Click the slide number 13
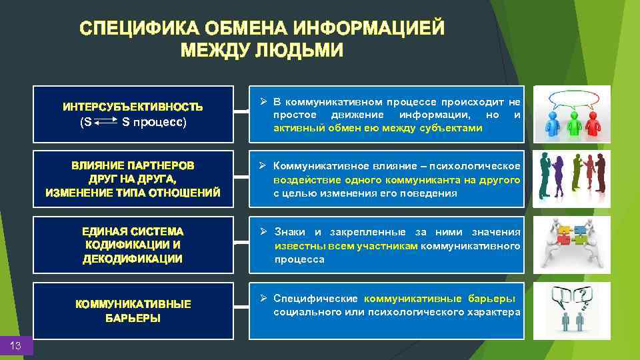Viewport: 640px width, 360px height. (x=17, y=345)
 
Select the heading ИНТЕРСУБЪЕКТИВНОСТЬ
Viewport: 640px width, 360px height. (x=133, y=107)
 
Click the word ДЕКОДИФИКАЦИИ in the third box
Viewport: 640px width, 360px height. (x=133, y=259)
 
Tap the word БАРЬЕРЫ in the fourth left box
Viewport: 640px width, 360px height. (x=133, y=319)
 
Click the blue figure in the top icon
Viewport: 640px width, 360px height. (x=552, y=123)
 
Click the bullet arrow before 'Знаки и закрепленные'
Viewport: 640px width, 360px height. (x=263, y=231)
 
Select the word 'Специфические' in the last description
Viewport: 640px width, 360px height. (x=316, y=298)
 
